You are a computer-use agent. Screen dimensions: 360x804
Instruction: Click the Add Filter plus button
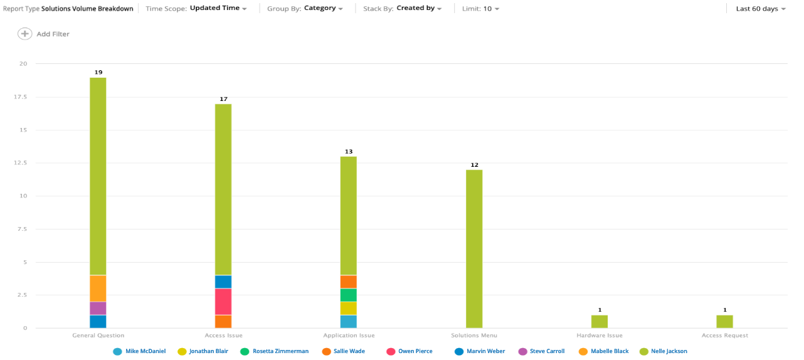pyautogui.click(x=24, y=34)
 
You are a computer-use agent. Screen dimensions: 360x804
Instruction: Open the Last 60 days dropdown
pyautogui.click(x=760, y=9)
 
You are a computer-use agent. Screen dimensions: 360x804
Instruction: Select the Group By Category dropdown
pyautogui.click(x=324, y=9)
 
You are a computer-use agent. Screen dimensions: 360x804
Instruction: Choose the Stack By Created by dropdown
pyautogui.click(x=419, y=9)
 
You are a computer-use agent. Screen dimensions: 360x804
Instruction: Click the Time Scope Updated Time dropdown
pyautogui.click(x=218, y=9)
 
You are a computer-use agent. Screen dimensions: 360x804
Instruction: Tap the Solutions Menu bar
pyautogui.click(x=474, y=248)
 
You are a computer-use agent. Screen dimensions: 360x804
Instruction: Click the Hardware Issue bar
pyautogui.click(x=600, y=321)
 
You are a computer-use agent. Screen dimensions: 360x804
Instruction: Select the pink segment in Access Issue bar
pyautogui.click(x=223, y=302)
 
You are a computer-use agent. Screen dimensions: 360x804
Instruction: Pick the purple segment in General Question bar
pyautogui.click(x=98, y=308)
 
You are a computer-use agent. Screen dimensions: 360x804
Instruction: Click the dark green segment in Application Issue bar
pyautogui.click(x=349, y=295)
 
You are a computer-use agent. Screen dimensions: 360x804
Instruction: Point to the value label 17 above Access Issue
pyautogui.click(x=223, y=99)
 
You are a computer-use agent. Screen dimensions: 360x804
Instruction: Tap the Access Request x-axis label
pyautogui.click(x=724, y=336)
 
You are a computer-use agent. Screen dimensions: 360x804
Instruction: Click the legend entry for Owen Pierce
pyautogui.click(x=415, y=351)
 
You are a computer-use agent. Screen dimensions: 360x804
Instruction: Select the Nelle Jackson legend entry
pyautogui.click(x=669, y=351)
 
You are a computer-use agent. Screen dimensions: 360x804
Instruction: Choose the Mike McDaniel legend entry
pyautogui.click(x=145, y=351)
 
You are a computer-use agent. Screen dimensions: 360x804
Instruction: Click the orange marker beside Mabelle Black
pyautogui.click(x=583, y=351)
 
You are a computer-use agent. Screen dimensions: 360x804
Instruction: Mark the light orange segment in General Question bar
pyautogui.click(x=98, y=289)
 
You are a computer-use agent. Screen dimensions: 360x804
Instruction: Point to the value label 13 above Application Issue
pyautogui.click(x=349, y=152)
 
